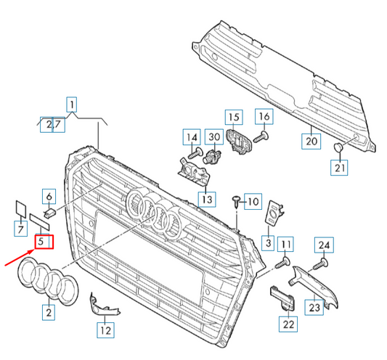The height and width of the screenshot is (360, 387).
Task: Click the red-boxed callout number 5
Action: point(44,242)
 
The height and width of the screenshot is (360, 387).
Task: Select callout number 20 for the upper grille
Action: point(311,142)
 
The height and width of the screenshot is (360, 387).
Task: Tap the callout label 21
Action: point(339,168)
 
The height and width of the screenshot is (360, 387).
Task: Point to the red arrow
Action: point(20,258)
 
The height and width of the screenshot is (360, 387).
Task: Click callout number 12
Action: point(105,330)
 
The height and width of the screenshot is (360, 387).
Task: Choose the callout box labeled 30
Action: point(214,137)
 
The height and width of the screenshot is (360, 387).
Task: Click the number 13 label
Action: point(207,200)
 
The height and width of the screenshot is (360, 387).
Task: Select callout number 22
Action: point(288,324)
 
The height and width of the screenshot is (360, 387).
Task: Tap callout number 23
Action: point(314,307)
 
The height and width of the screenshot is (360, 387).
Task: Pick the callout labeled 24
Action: point(324,245)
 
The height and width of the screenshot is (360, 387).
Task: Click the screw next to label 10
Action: point(237,201)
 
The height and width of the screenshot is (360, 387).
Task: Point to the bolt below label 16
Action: point(261,137)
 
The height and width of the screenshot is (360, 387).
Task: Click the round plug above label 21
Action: point(338,147)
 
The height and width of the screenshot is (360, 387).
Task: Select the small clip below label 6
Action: point(50,213)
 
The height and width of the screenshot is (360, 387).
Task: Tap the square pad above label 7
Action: point(21,209)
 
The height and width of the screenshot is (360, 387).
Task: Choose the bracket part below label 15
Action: point(239,142)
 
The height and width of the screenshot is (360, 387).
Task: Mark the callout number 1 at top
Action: point(72,105)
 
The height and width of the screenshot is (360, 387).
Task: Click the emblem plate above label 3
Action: point(273,213)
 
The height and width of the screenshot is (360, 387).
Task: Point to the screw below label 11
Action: point(283,263)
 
